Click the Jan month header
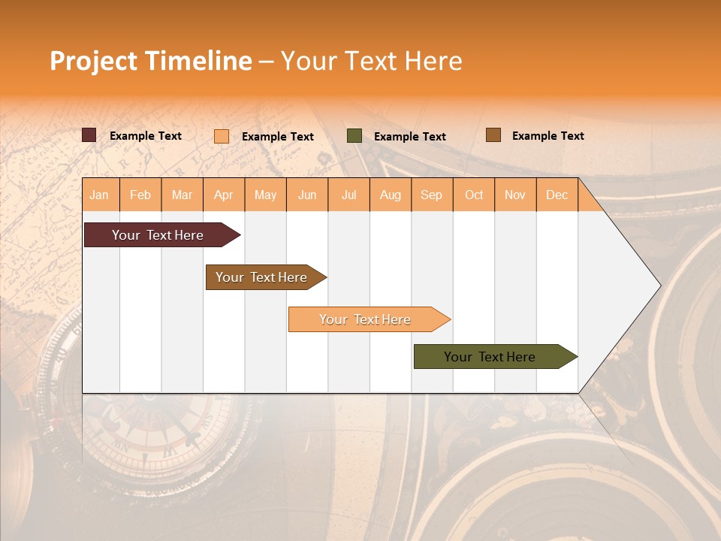coord(100,195)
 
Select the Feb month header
coord(140,195)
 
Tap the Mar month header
coord(182,195)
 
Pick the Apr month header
coord(224,195)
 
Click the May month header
coord(265,195)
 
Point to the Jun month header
coord(307,195)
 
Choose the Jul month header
coord(349,195)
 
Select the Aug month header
coord(391,195)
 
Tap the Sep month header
coord(432,195)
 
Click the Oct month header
coord(474,195)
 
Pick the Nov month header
coord(515,195)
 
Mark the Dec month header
coord(557,195)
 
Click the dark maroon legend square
coord(89,135)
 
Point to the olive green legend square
coord(354,135)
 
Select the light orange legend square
coord(222,136)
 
